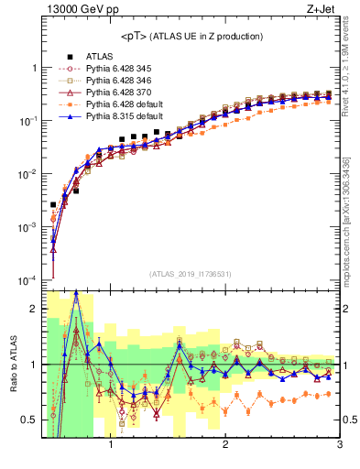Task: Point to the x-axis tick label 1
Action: click(x=111, y=446)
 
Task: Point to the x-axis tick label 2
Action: click(x=225, y=446)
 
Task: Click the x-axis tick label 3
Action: click(x=339, y=446)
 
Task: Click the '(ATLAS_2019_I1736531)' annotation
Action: click(x=191, y=273)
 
